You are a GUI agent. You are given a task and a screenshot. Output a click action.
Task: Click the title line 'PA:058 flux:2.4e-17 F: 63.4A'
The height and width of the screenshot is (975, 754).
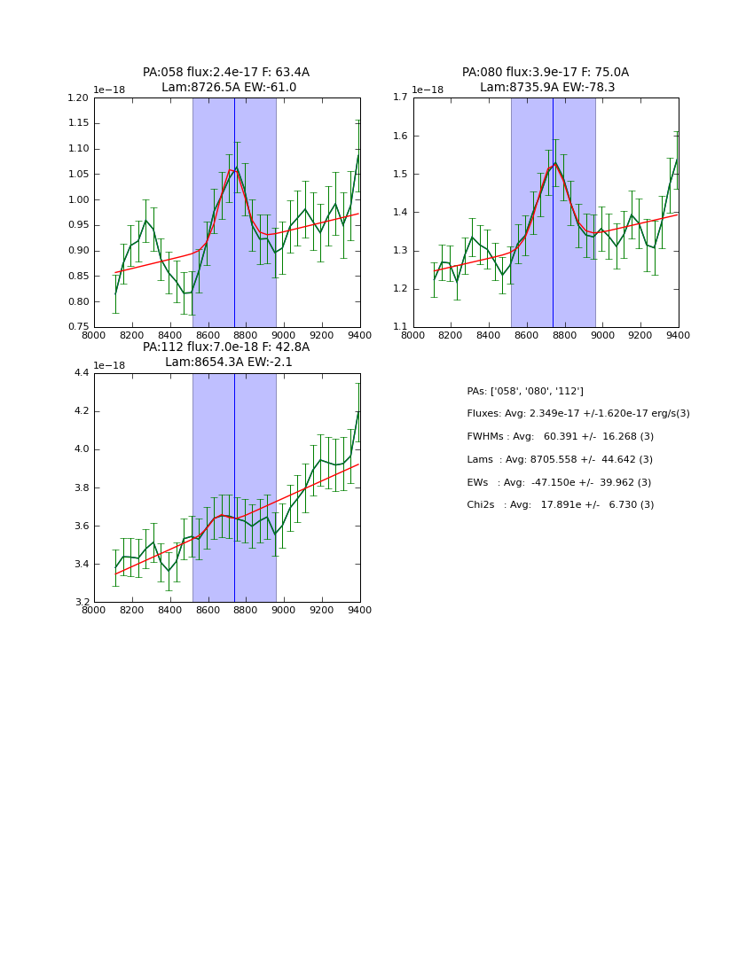tap(226, 73)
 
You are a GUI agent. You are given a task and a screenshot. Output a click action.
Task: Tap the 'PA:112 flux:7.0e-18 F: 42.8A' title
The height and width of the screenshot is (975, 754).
tap(226, 347)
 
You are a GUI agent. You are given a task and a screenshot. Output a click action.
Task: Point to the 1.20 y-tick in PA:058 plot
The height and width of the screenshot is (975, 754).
tap(79, 97)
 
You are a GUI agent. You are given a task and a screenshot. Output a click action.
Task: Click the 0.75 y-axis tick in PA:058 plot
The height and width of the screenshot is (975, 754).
tap(79, 327)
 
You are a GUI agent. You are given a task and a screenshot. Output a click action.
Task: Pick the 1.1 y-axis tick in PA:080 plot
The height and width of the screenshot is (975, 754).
tap(400, 327)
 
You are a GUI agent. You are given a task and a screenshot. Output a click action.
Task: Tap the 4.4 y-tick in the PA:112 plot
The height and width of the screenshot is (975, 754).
tap(81, 373)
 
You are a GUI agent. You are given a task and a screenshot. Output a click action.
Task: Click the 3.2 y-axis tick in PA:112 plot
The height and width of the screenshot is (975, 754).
tap(81, 603)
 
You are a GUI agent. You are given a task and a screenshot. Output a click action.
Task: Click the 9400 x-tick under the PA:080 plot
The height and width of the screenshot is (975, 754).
tap(679, 335)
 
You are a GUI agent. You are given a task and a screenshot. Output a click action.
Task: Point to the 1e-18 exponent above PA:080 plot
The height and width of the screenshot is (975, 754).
tap(428, 90)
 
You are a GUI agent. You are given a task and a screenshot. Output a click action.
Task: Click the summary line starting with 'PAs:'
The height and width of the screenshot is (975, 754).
tap(525, 391)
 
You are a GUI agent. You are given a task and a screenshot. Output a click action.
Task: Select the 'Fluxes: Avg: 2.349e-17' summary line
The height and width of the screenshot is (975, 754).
tap(577, 414)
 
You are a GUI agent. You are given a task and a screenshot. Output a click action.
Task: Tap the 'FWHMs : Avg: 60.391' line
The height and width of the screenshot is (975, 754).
tap(560, 437)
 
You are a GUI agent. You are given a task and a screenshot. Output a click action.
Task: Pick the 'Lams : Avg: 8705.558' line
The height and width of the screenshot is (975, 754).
tap(560, 460)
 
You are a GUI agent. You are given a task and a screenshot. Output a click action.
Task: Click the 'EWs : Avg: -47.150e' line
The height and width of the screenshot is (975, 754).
tap(560, 482)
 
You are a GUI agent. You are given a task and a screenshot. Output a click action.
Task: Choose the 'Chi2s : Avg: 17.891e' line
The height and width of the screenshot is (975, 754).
tap(560, 505)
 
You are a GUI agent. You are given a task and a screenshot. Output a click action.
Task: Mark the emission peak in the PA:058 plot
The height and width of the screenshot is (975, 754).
tap(235, 167)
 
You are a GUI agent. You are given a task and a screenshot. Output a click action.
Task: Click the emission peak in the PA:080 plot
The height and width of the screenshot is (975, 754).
tap(555, 163)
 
